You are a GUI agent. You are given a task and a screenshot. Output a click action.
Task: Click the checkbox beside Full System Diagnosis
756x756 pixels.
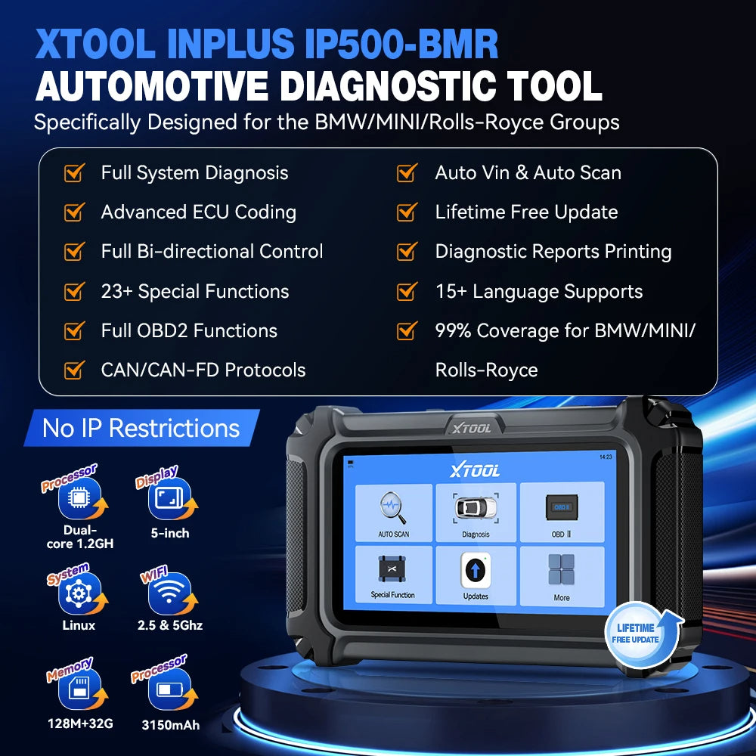73,173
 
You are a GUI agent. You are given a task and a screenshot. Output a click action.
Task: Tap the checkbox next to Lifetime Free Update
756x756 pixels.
407,212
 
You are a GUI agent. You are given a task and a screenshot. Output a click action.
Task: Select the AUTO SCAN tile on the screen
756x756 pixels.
393,510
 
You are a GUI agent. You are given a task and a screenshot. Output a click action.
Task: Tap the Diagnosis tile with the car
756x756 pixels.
476,510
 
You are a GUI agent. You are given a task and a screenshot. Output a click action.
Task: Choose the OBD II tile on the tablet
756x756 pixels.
561,510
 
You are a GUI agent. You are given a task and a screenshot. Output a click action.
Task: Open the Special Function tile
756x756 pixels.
393,574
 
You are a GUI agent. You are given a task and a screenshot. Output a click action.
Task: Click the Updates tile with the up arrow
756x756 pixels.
476,575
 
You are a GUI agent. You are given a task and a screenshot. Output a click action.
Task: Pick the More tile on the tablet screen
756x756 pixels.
561,575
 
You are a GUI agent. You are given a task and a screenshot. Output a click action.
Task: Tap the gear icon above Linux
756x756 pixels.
77,593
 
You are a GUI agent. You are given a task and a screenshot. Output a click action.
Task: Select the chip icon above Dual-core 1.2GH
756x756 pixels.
77,496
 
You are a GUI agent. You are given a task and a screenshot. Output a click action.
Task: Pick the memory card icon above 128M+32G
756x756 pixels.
77,690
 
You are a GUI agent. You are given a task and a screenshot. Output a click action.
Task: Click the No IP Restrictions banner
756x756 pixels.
141,429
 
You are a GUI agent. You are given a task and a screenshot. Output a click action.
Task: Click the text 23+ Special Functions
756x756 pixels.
195,292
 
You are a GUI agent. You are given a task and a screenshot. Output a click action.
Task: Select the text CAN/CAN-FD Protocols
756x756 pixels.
203,370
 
